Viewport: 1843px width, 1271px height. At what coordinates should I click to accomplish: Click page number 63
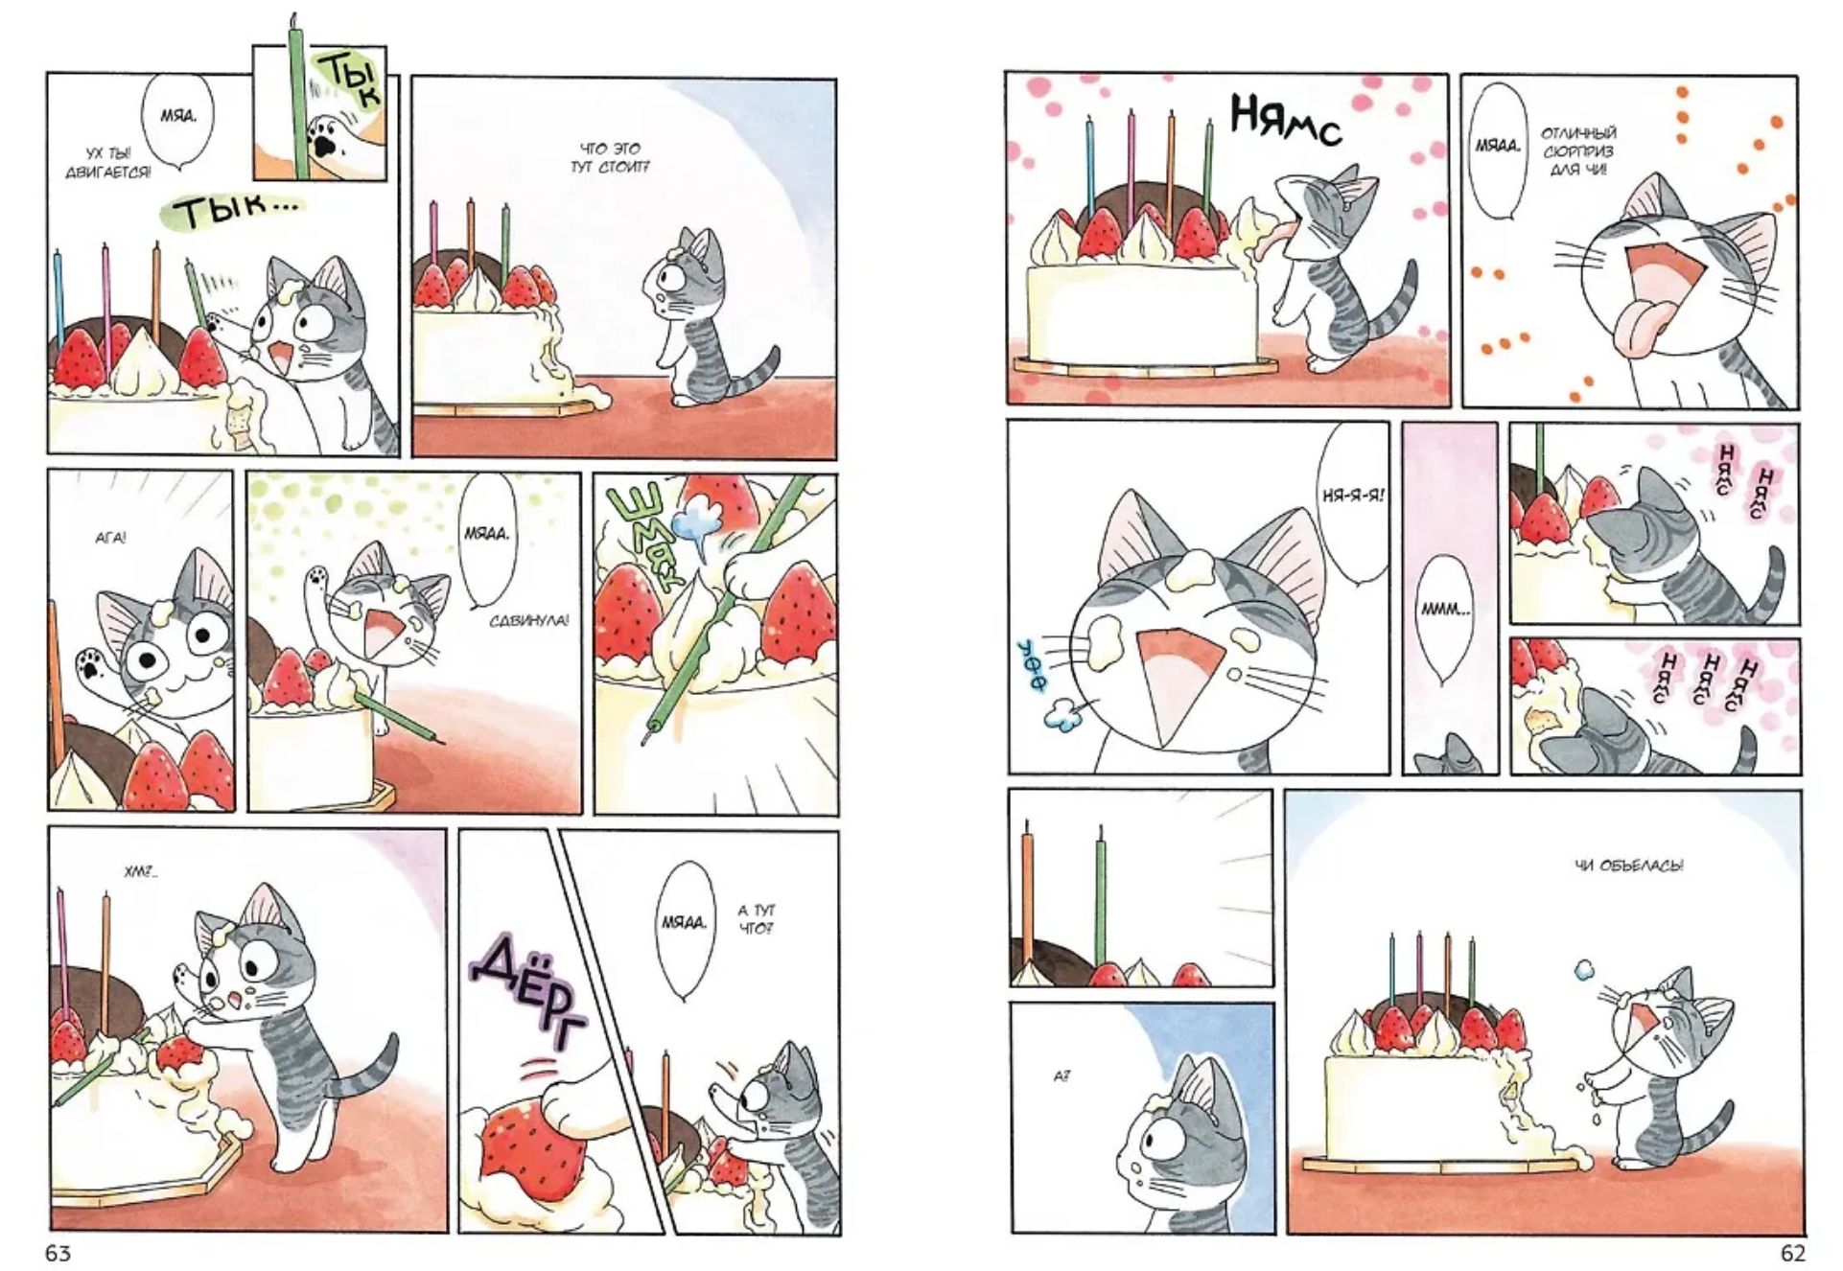[x=58, y=1253]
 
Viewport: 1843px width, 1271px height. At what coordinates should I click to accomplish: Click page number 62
[x=1791, y=1253]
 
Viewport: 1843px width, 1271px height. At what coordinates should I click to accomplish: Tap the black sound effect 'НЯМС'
[x=1285, y=121]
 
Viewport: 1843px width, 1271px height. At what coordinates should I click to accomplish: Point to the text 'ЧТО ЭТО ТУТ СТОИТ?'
[x=610, y=158]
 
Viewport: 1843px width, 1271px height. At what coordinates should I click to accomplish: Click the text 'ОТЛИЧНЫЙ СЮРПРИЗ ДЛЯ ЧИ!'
[x=1577, y=151]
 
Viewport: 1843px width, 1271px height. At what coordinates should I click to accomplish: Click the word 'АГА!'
[x=111, y=539]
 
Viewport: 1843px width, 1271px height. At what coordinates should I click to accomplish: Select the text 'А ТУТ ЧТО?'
[x=757, y=918]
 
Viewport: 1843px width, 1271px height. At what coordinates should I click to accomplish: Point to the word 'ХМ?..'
[x=140, y=873]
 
